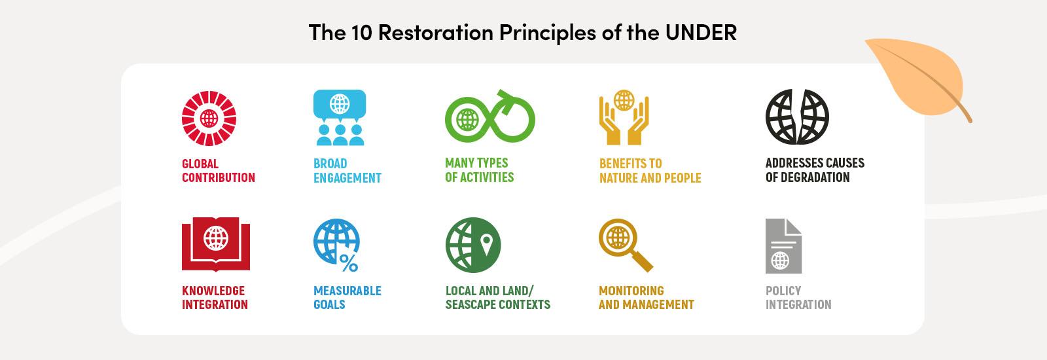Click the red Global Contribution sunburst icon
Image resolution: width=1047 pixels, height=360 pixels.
coord(209,118)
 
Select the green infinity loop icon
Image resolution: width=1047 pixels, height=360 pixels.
coord(489,118)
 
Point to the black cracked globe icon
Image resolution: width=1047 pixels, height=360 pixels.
coord(797,118)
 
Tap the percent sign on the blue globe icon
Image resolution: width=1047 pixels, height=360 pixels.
coord(349,262)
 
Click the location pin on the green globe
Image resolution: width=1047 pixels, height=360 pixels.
coord(486,245)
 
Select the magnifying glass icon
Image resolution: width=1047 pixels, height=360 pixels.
coord(626,245)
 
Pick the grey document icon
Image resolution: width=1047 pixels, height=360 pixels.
coord(783,246)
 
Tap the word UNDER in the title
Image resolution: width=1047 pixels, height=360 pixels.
coord(701,32)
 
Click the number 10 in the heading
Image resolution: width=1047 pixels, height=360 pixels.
coord(357,32)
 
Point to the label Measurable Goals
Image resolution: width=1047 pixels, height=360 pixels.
coord(347,297)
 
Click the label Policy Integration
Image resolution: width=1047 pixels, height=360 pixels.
coord(798,297)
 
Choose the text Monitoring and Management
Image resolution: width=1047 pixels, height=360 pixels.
coord(646,297)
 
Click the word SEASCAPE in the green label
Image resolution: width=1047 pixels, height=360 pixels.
coord(476,304)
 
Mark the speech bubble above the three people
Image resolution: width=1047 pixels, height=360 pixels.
coord(340,103)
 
